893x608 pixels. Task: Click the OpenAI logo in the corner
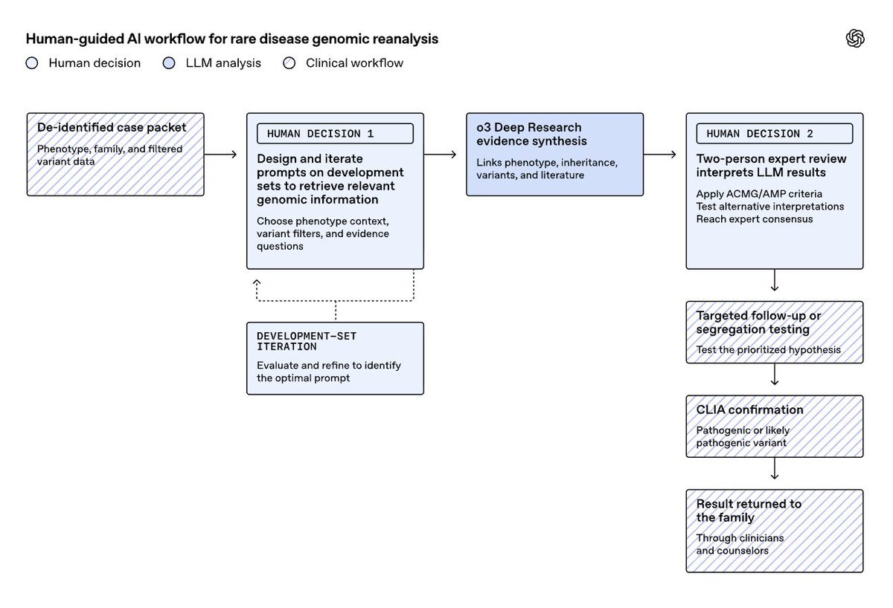855,39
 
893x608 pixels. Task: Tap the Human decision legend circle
32,63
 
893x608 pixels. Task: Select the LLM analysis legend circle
169,63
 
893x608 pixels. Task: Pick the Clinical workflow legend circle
289,63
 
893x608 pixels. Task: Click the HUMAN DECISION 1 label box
335,133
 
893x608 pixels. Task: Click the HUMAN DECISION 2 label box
774,133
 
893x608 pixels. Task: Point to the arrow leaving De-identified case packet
220,154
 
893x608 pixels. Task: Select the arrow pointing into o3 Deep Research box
440,154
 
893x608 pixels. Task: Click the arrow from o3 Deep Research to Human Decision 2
660,154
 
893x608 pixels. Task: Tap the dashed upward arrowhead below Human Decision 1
257,282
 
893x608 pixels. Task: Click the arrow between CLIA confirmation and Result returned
774,468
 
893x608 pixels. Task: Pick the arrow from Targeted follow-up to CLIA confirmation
774,375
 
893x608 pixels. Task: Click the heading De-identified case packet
112,127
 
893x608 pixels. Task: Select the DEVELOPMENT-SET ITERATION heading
306,341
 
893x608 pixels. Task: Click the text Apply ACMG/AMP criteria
759,194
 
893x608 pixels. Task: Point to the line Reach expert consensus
755,219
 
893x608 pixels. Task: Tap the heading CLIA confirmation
749,410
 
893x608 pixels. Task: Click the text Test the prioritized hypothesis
768,349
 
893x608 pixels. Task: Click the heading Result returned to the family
749,511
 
